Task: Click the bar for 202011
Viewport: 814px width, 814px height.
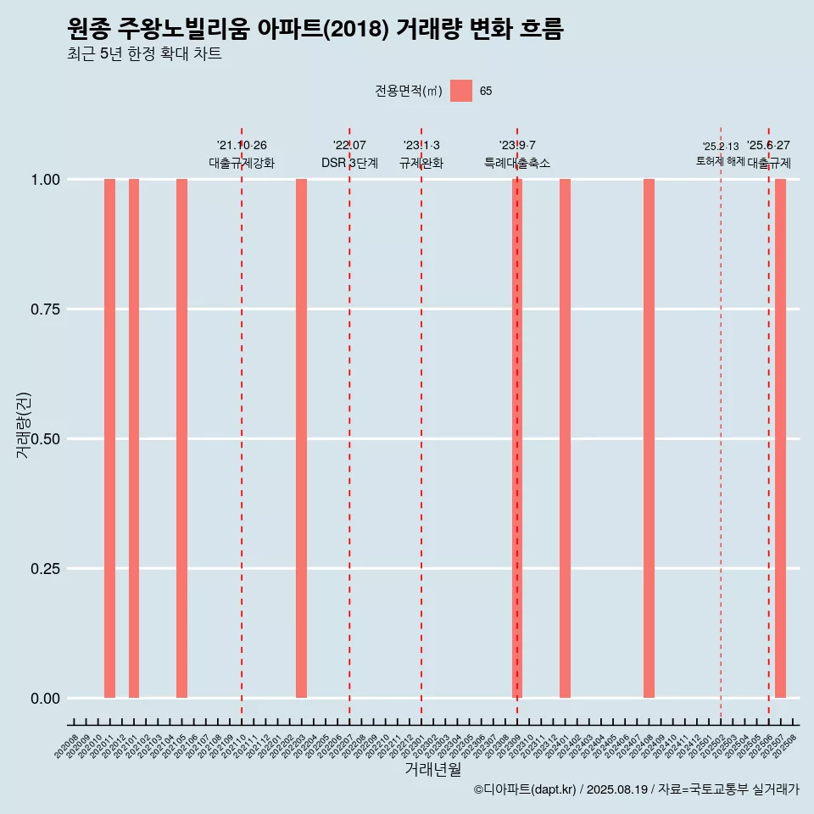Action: coord(109,438)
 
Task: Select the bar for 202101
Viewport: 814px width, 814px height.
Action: coord(134,438)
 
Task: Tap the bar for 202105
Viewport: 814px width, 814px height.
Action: coord(181,438)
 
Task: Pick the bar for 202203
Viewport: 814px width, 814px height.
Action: coord(301,438)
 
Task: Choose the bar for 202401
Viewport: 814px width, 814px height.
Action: coord(565,438)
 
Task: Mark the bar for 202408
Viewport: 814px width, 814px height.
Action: coord(649,438)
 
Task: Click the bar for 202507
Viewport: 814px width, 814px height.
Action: coord(780,438)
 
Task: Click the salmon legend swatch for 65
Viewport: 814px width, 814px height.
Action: coord(461,91)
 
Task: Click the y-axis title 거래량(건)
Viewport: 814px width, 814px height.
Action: coord(24,425)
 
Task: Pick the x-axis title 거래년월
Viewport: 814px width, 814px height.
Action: coord(433,770)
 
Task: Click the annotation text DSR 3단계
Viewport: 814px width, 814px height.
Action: coord(349,163)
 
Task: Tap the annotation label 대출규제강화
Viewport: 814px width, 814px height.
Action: coord(242,163)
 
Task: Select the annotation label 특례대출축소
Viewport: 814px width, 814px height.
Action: coord(517,163)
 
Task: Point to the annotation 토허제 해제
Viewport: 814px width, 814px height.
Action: coord(720,161)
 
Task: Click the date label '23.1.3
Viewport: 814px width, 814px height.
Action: coord(421,146)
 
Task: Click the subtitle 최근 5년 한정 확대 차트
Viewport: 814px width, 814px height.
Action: coord(144,55)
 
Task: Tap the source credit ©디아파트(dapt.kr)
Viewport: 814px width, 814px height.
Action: coord(526,790)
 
